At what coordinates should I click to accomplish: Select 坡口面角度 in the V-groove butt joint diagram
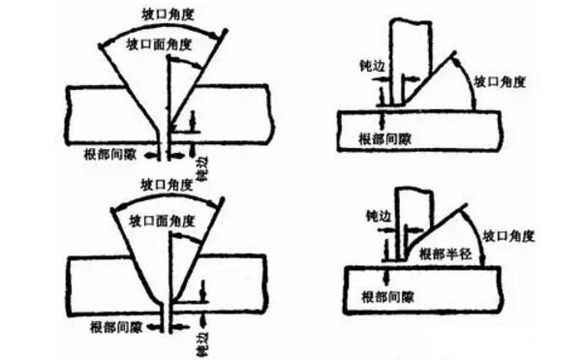(x=159, y=44)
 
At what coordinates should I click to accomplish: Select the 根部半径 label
(x=443, y=254)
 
